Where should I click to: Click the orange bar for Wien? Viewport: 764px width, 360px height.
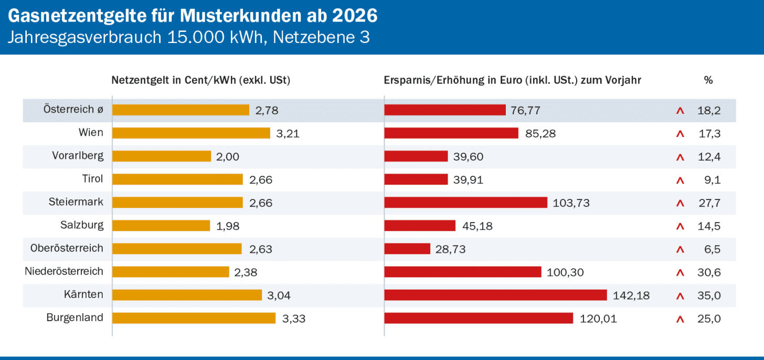click(x=191, y=133)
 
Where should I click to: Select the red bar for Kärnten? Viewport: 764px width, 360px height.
click(x=495, y=295)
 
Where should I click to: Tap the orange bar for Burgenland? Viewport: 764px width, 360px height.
click(x=194, y=318)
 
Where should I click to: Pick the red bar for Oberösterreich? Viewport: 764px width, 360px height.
click(x=407, y=249)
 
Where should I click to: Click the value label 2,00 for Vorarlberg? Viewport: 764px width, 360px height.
click(x=228, y=156)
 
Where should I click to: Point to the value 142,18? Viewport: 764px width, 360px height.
click(x=631, y=295)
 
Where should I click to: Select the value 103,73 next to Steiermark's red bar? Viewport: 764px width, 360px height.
click(x=570, y=203)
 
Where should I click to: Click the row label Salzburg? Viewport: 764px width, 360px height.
click(x=82, y=226)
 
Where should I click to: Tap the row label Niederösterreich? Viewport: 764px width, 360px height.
click(x=64, y=271)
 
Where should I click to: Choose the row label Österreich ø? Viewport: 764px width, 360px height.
click(x=73, y=110)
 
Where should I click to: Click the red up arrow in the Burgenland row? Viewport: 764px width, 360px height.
click(x=681, y=319)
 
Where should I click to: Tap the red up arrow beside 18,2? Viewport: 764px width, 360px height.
click(x=681, y=111)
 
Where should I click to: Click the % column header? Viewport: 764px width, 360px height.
click(x=708, y=80)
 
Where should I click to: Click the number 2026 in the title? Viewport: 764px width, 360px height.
click(x=355, y=16)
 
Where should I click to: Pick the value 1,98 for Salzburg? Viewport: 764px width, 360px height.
click(x=228, y=226)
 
